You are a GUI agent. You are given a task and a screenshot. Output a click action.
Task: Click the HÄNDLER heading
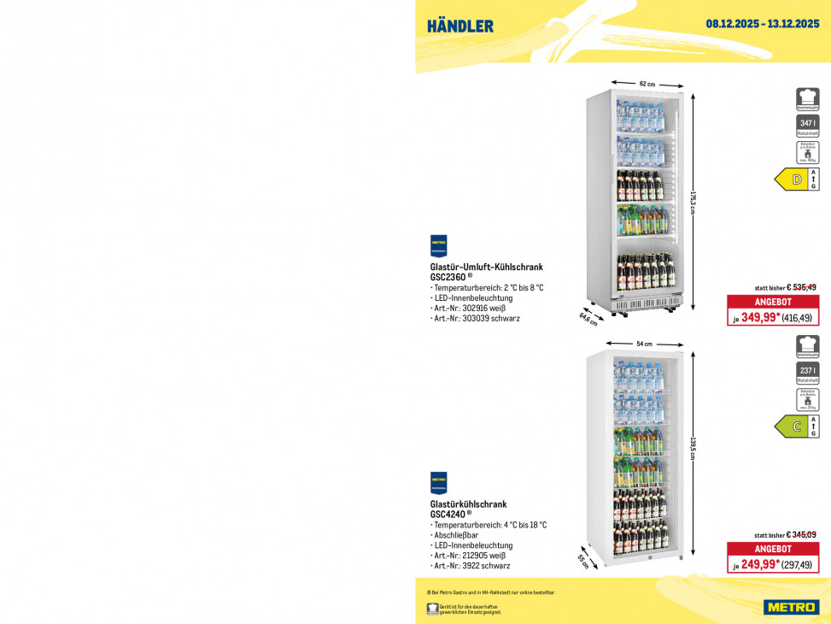click(460, 26)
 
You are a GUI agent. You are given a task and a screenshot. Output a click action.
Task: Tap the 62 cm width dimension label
click(647, 84)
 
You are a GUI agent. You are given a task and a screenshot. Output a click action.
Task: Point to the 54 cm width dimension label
click(644, 344)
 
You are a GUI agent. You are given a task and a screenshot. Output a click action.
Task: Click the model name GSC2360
click(448, 277)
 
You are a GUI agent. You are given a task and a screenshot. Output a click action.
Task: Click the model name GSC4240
click(448, 515)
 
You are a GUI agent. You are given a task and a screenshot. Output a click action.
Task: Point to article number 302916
click(477, 308)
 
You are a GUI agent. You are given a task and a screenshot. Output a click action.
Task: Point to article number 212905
click(477, 556)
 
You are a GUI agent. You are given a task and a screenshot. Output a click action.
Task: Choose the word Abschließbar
click(456, 535)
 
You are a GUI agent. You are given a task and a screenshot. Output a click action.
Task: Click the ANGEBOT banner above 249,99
click(773, 549)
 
